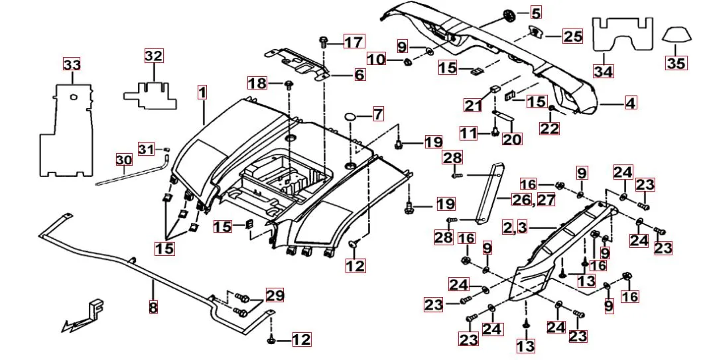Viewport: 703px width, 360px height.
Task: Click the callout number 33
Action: pyautogui.click(x=71, y=64)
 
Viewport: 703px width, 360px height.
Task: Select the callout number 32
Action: pyautogui.click(x=153, y=56)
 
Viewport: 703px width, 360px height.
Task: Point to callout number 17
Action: pyautogui.click(x=353, y=42)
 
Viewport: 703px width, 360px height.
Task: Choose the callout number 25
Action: pyautogui.click(x=572, y=36)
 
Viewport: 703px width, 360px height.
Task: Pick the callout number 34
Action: pyautogui.click(x=603, y=70)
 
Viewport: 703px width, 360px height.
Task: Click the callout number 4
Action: pyautogui.click(x=629, y=103)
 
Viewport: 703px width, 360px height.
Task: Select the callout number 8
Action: pyautogui.click(x=153, y=308)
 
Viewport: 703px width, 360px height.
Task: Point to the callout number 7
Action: pyautogui.click(x=377, y=114)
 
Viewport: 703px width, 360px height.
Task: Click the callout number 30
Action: pyautogui.click(x=124, y=160)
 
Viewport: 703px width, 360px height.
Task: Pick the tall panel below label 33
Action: pyautogui.click(x=66, y=133)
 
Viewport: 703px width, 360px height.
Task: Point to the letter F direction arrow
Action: pyautogui.click(x=86, y=314)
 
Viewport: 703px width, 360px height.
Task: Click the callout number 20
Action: pyautogui.click(x=512, y=139)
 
